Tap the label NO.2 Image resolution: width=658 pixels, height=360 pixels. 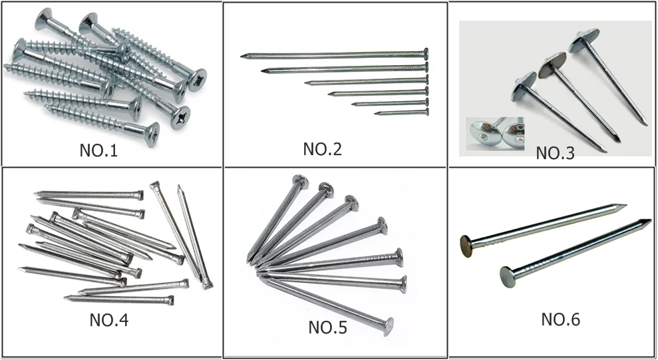point(323,149)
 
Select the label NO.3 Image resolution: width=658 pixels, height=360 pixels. point(555,153)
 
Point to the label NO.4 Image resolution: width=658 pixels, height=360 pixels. point(108,321)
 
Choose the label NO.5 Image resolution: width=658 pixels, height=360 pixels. point(327,327)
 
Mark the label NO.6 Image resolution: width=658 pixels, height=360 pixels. point(560,319)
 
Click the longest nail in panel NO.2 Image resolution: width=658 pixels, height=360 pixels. point(333,54)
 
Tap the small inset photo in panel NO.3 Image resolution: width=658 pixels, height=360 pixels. point(494,132)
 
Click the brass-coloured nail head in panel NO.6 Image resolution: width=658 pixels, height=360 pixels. point(467,244)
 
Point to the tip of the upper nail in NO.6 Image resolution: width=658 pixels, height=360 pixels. point(624,206)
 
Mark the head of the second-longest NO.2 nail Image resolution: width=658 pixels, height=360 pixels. point(425,67)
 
